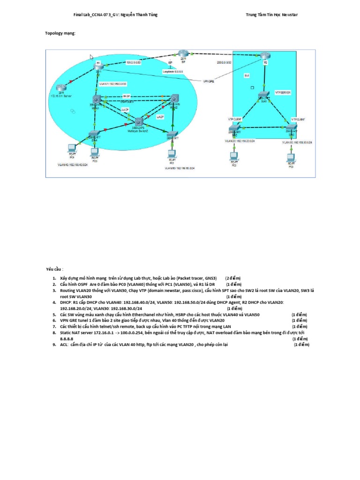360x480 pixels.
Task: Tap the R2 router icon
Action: click(265, 56)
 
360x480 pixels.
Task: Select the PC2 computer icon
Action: click(233, 156)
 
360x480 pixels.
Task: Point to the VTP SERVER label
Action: click(283, 93)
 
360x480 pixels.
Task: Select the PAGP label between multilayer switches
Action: click(126, 95)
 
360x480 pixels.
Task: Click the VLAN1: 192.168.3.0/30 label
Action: click(112, 83)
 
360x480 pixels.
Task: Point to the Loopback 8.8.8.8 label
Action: click(173, 71)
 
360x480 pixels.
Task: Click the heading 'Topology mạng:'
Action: click(60, 34)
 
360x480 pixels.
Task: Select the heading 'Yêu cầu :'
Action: click(53, 270)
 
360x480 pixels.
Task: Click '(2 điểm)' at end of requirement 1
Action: click(233, 278)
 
